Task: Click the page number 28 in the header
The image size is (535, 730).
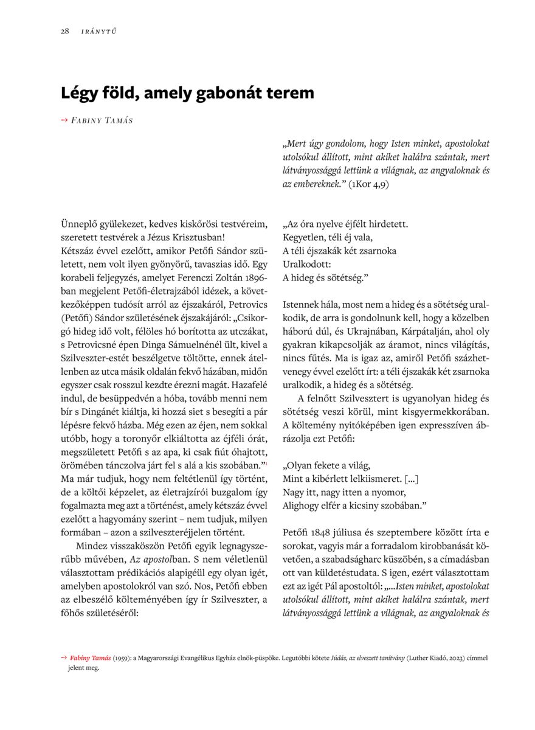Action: tap(64, 32)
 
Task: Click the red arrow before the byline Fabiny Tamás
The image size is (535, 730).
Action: tap(64, 120)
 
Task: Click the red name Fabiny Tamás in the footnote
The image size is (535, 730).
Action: tap(91, 658)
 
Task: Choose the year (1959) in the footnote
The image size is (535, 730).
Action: tap(125, 658)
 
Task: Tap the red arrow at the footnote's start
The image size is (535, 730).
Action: tap(64, 658)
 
